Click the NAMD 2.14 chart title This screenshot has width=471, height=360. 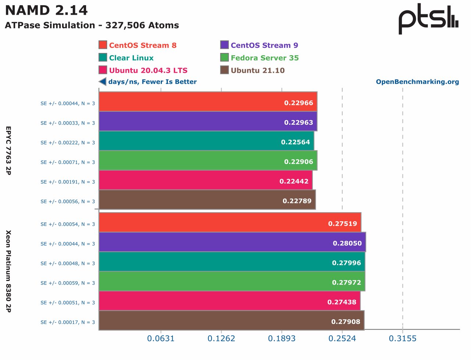click(x=46, y=10)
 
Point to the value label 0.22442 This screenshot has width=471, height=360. click(x=294, y=181)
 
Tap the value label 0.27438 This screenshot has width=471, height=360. click(x=342, y=302)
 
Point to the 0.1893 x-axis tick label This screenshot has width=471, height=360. click(x=281, y=338)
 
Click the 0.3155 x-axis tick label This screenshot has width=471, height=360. click(x=403, y=338)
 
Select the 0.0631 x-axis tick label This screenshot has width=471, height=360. click(x=161, y=338)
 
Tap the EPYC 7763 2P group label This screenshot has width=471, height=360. click(x=8, y=150)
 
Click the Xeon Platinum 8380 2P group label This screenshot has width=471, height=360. click(x=8, y=271)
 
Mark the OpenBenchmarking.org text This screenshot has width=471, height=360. click(x=417, y=82)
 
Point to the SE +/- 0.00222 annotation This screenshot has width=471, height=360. click(x=68, y=143)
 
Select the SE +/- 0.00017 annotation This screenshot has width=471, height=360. click(x=68, y=322)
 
